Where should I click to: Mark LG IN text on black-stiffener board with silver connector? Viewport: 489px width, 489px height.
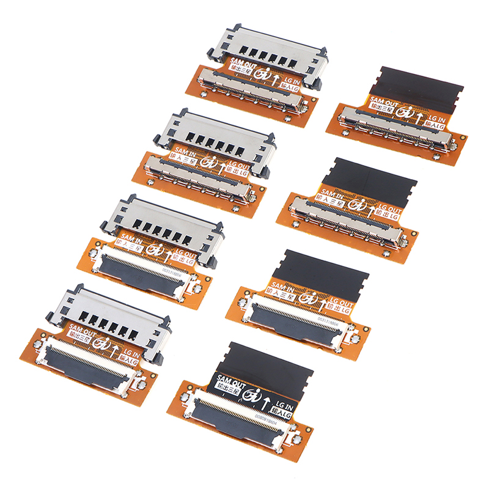pyautogui.click(x=436, y=118)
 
